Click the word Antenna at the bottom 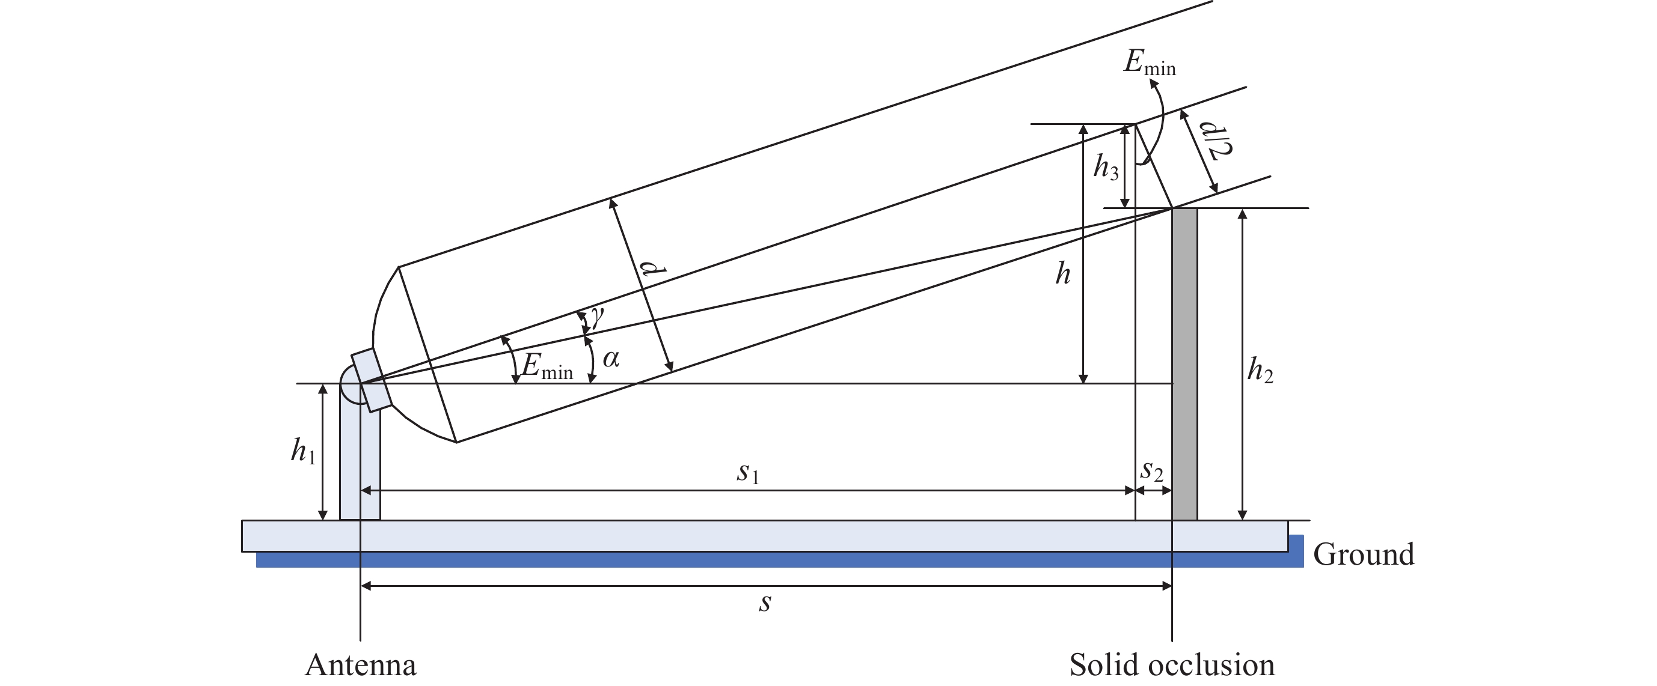[x=360, y=666]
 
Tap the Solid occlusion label [x=1171, y=666]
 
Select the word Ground [x=1363, y=554]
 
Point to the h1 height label [x=303, y=451]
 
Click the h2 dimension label [x=1260, y=371]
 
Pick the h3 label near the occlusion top [x=1106, y=168]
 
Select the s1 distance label [x=748, y=474]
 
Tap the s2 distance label [x=1151, y=472]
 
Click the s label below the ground [x=765, y=603]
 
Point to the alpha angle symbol [x=611, y=359]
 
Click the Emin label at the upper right [x=1149, y=63]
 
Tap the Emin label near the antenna [x=547, y=367]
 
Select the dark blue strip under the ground [x=772, y=559]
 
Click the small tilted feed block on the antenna [x=371, y=380]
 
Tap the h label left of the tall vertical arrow [x=1062, y=275]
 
